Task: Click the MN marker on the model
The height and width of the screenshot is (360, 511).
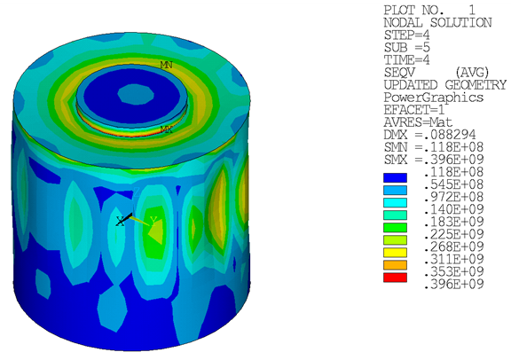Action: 166,65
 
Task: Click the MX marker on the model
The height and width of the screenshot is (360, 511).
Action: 166,129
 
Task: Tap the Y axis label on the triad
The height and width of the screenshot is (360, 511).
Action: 153,220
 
